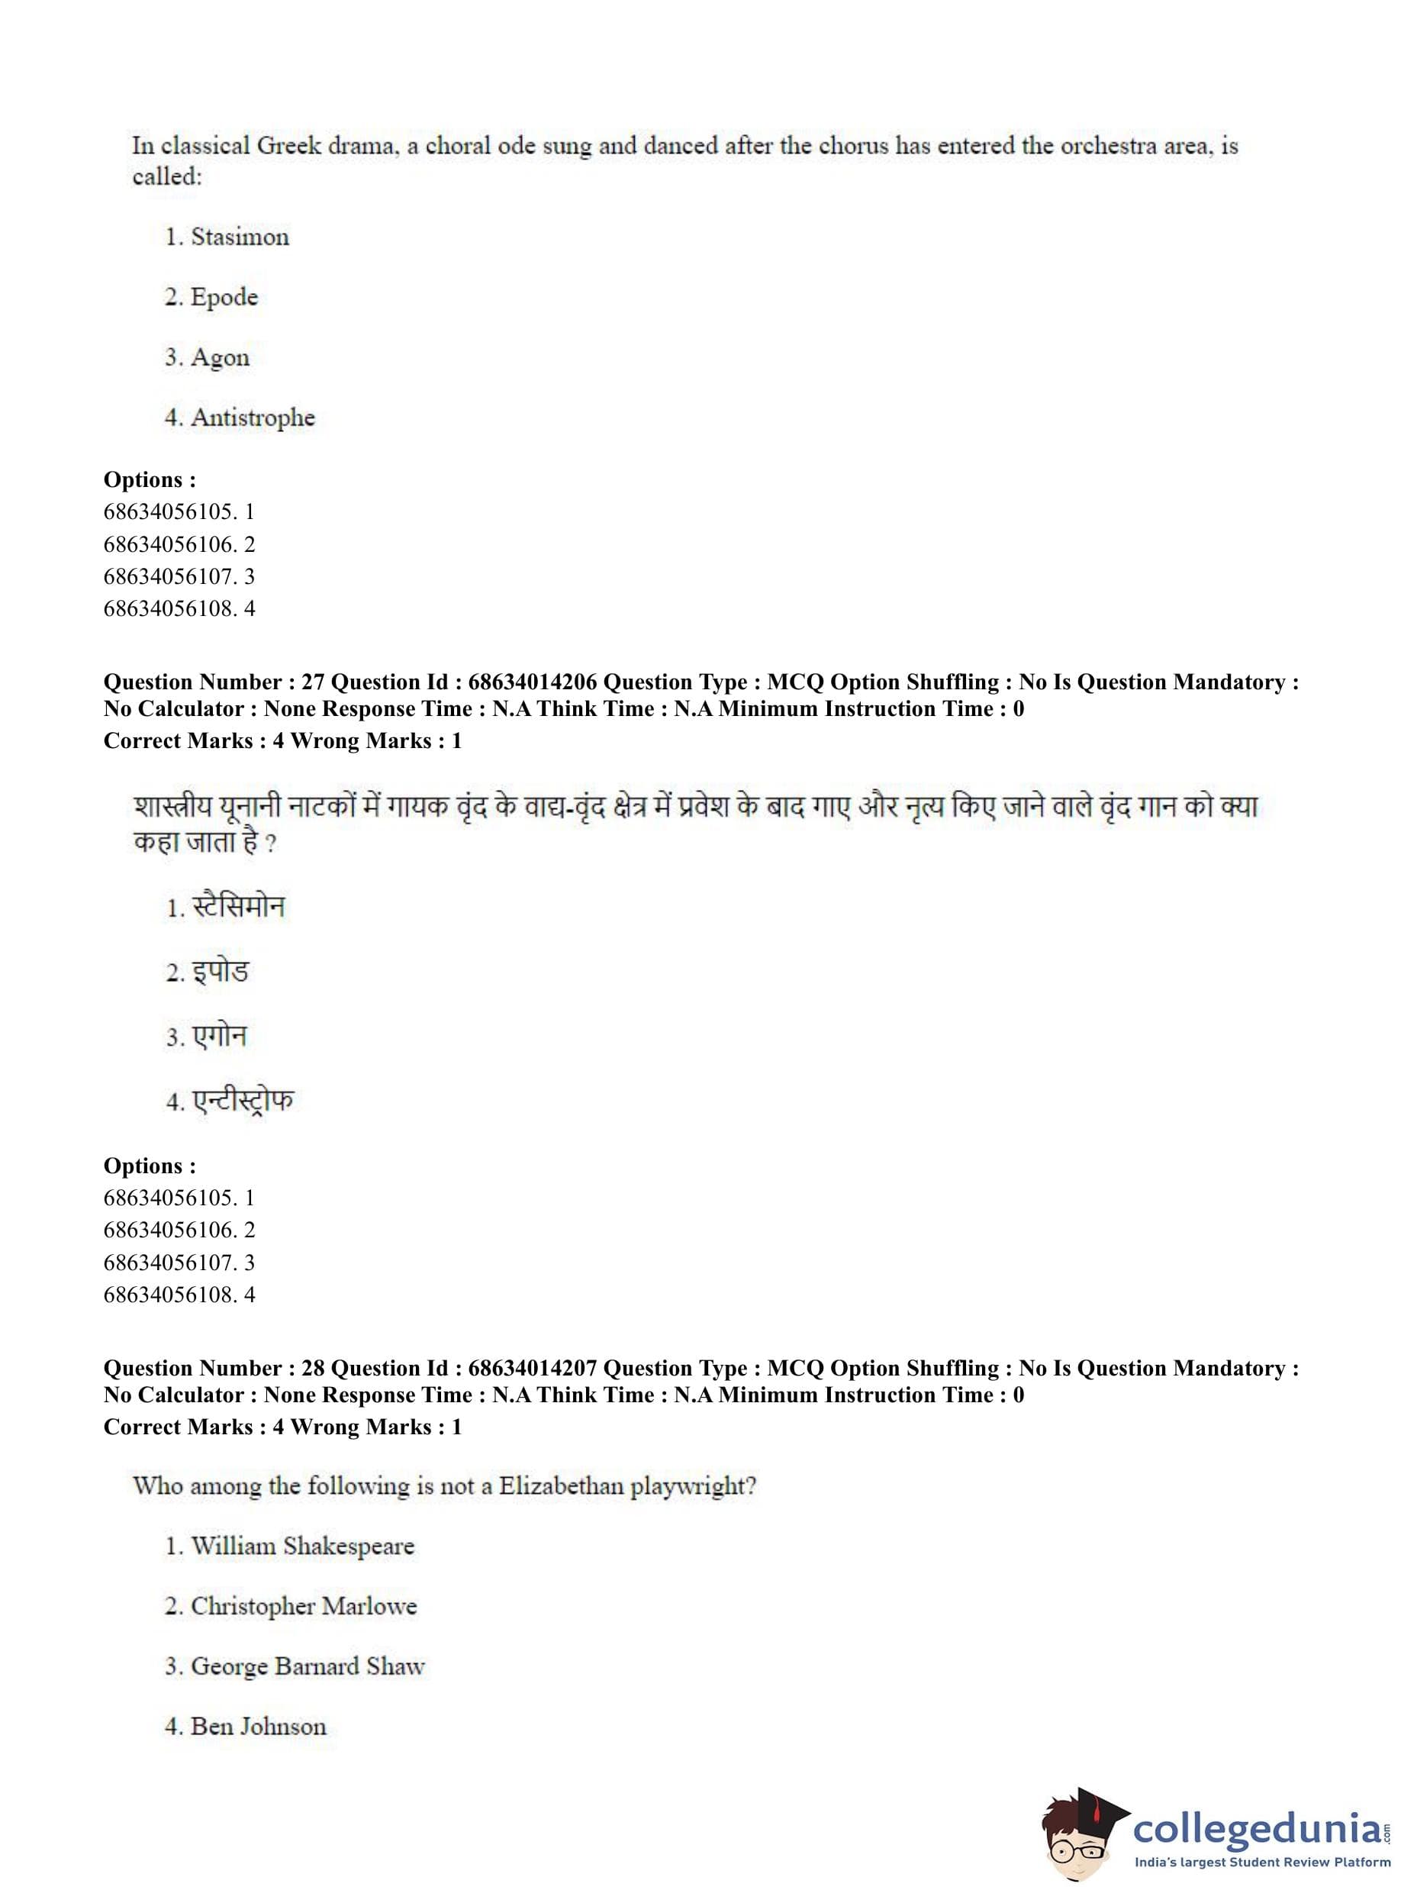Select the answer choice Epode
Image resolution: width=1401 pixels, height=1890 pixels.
(x=224, y=297)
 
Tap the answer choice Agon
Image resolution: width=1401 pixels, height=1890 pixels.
(x=220, y=357)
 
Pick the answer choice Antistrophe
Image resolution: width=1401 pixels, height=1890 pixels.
(x=253, y=418)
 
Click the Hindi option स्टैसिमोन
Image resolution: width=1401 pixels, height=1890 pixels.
(x=238, y=907)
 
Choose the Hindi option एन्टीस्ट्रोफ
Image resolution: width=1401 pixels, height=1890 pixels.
(x=243, y=1100)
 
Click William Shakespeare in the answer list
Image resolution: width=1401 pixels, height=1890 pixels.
(x=302, y=1546)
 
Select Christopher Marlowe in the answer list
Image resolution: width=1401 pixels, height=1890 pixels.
(x=304, y=1606)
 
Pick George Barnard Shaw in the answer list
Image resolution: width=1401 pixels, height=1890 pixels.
(x=307, y=1666)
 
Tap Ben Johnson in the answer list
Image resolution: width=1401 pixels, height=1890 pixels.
(x=258, y=1727)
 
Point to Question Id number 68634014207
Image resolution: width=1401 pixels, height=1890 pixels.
(x=533, y=1369)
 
